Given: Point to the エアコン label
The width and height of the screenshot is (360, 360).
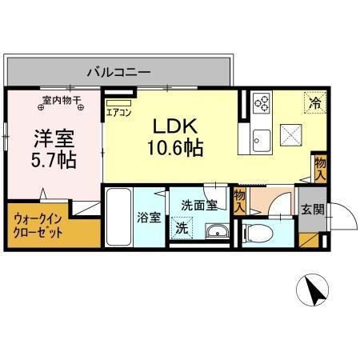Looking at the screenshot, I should click(119, 112).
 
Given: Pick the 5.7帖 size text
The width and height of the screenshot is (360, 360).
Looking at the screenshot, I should click(54, 159).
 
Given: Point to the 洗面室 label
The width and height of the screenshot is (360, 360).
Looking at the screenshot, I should click(198, 206).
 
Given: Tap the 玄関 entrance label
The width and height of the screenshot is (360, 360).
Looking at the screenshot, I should click(311, 210).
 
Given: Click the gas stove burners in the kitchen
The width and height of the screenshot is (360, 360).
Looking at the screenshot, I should click(262, 102).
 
